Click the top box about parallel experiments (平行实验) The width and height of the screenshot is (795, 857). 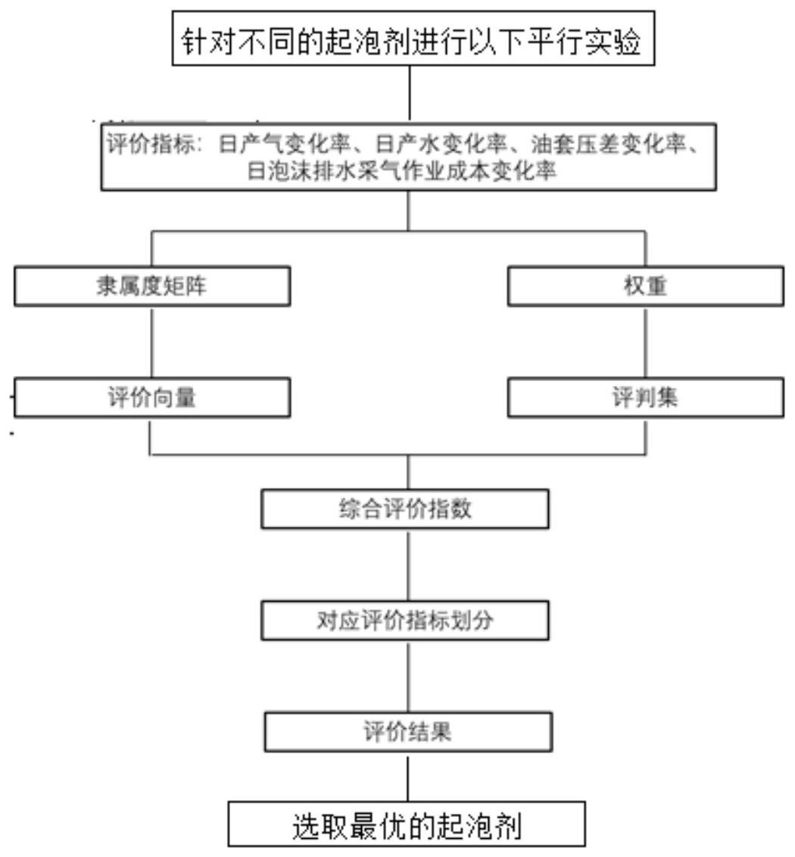click(413, 38)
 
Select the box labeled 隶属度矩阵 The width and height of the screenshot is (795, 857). click(151, 286)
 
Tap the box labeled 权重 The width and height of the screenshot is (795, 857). click(645, 286)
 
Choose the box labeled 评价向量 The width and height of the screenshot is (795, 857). click(151, 397)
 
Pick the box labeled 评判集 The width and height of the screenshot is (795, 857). click(645, 397)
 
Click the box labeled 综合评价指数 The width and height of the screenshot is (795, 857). click(404, 509)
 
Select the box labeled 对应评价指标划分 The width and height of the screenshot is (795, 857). click(404, 621)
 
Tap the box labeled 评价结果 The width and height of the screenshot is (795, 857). click(408, 732)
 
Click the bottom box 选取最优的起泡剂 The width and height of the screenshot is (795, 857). click(407, 824)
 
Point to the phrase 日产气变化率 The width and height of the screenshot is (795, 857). click(284, 144)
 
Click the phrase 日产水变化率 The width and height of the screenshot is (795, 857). click(441, 144)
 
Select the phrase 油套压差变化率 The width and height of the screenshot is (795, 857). click(608, 144)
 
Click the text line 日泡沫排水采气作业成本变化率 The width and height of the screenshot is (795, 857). click(402, 170)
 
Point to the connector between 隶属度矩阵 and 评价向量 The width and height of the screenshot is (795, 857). click(151, 342)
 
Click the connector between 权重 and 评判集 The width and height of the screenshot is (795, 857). click(645, 342)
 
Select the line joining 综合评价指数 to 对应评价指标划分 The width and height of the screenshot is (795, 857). click(408, 565)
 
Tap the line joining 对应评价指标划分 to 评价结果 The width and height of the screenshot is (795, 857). click(408, 676)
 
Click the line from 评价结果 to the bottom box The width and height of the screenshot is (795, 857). click(408, 777)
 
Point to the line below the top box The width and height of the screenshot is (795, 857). click(410, 94)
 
